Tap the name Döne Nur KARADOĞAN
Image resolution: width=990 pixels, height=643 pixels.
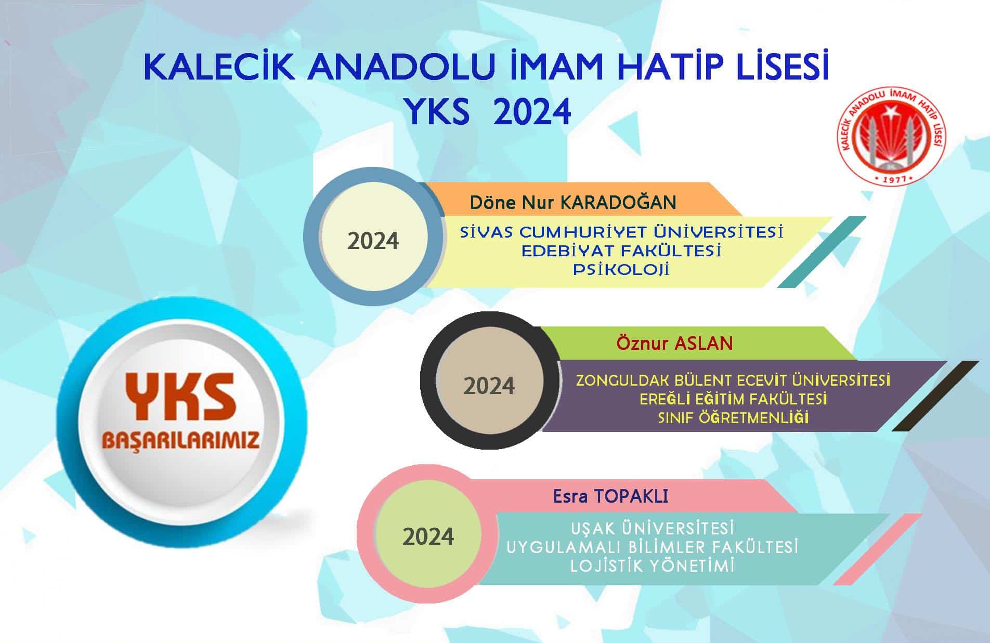click(573, 202)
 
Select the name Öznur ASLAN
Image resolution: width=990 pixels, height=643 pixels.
click(674, 343)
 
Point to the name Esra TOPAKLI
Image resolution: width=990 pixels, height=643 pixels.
click(610, 496)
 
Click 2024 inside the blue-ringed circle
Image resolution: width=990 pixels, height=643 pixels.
click(373, 241)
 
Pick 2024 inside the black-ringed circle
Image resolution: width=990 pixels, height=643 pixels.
click(489, 386)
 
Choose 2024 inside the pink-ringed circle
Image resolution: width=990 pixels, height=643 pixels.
click(428, 536)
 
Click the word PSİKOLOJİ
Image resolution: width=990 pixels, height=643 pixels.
click(621, 270)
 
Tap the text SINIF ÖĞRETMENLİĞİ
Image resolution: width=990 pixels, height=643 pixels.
click(733, 418)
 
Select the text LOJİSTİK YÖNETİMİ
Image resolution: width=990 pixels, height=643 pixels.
click(652, 566)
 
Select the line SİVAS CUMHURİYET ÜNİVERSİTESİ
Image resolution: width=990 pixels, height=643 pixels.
click(621, 232)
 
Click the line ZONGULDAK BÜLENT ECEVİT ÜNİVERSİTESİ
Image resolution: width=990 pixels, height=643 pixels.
click(733, 380)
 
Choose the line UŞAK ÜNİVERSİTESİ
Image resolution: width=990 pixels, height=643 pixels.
click(652, 528)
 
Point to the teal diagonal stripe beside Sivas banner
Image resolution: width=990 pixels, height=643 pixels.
click(822, 252)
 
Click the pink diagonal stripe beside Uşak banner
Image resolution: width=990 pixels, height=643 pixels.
click(878, 549)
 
